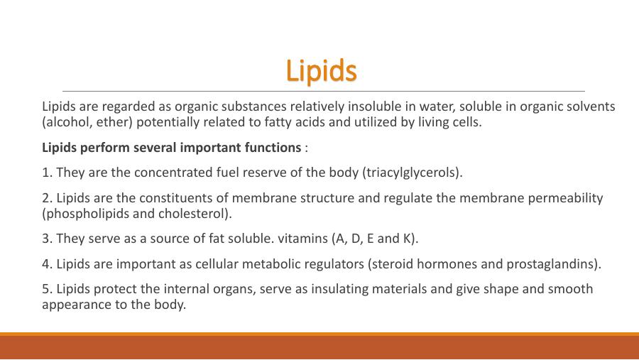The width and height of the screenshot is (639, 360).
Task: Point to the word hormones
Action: [x=446, y=264]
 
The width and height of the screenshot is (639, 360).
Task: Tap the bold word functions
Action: [x=271, y=148]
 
